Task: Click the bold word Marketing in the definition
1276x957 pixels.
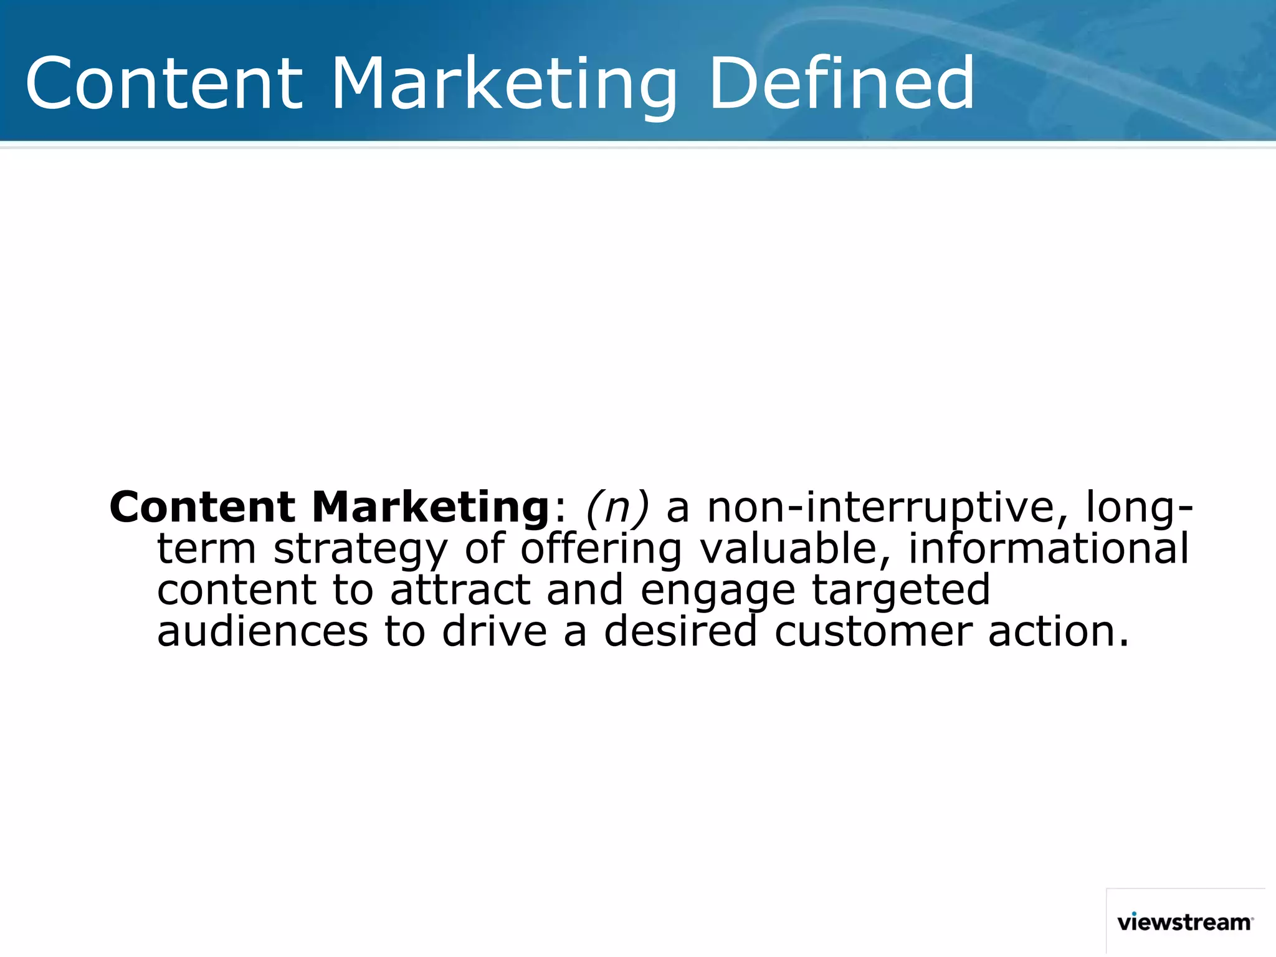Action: pyautogui.click(x=430, y=507)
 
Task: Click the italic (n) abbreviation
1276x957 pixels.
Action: pyautogui.click(x=617, y=507)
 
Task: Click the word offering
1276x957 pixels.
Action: pyautogui.click(x=601, y=550)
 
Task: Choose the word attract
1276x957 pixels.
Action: pyautogui.click(x=460, y=591)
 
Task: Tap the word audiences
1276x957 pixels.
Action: pyautogui.click(x=262, y=632)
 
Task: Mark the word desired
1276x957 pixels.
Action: pyautogui.click(x=680, y=632)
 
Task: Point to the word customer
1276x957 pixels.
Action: pyautogui.click(x=873, y=633)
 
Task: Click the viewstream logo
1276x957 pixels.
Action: pyautogui.click(x=1184, y=921)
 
